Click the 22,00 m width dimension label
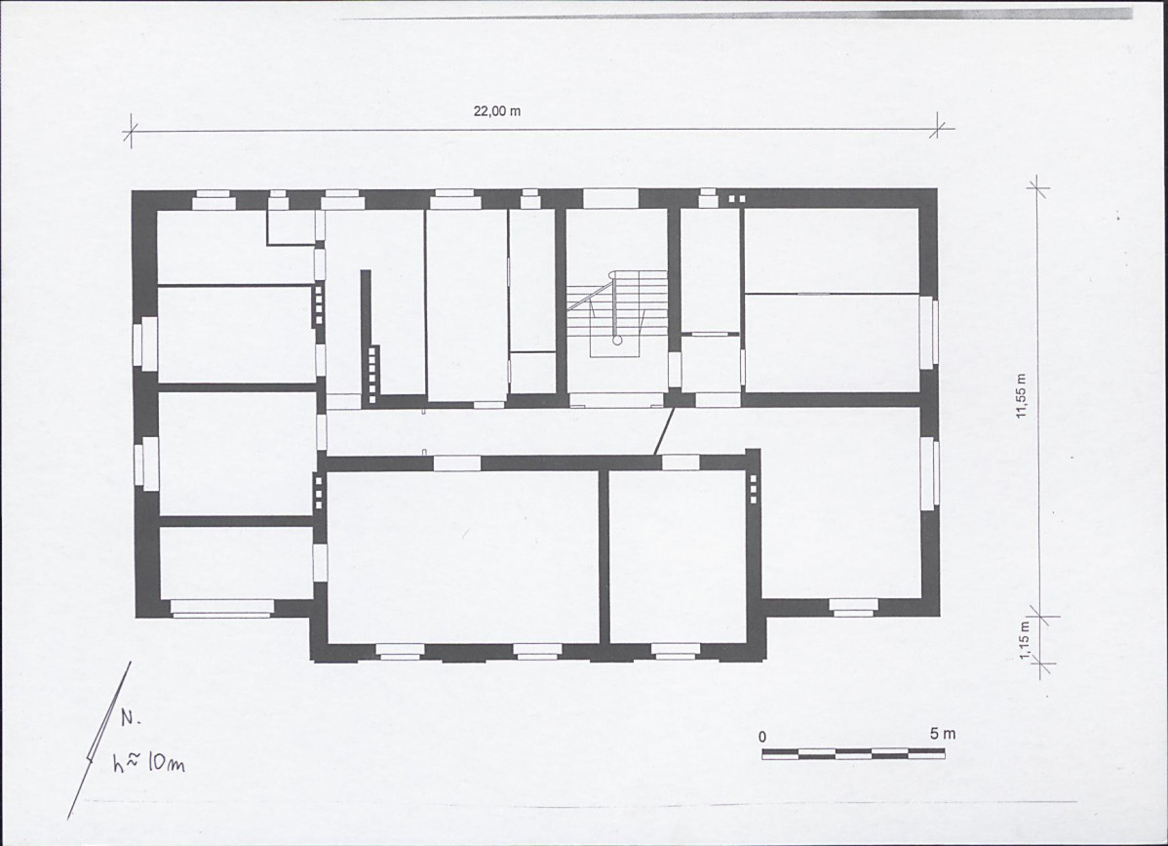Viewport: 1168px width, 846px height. tap(497, 111)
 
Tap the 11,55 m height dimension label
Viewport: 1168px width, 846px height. tap(1021, 396)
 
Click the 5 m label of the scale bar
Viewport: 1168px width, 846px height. tap(942, 734)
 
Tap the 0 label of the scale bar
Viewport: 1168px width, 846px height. tap(762, 737)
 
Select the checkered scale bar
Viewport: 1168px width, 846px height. tap(853, 753)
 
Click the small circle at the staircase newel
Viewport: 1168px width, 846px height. tap(617, 340)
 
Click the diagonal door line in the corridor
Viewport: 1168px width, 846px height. tap(664, 430)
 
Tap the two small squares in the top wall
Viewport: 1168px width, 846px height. tap(736, 199)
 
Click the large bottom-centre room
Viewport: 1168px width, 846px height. tap(463, 555)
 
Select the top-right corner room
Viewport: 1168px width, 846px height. tap(832, 251)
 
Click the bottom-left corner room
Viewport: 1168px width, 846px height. tap(235, 563)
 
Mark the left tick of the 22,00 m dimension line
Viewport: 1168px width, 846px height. tap(131, 132)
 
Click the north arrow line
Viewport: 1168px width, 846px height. tap(99, 741)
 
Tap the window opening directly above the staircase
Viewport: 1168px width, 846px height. tap(611, 198)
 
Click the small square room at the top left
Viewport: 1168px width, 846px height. tap(292, 226)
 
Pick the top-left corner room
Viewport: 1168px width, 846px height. tap(234, 247)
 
